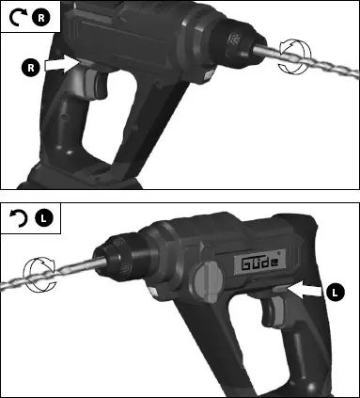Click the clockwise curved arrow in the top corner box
point(16,17)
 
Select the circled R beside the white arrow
point(31,68)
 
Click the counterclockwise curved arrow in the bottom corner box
point(16,220)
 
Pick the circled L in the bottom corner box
point(41,220)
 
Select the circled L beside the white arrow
point(336,293)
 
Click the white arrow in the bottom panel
point(307,291)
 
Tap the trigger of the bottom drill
point(274,313)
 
